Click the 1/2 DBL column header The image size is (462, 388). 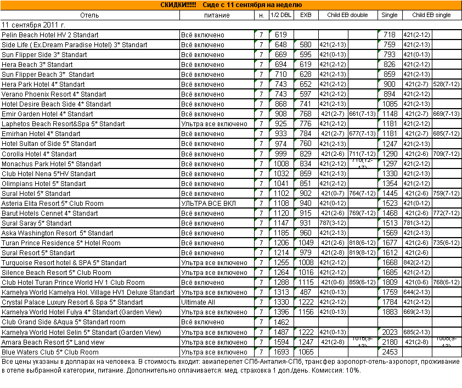281,15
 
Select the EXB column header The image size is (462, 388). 305,15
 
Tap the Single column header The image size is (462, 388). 390,15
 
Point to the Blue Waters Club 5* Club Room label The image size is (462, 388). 50,352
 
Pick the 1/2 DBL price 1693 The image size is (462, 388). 281,352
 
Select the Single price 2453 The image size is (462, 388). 390,352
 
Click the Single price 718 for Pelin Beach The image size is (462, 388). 390,35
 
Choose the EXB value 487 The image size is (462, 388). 306,293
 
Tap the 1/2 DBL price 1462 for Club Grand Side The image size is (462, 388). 281,322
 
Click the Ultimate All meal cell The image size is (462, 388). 199,302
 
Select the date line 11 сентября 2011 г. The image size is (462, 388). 33,25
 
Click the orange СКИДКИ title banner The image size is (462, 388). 230,5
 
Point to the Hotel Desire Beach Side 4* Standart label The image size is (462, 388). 57,104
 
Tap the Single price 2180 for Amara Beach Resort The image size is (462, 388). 390,342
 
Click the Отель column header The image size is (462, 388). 90,15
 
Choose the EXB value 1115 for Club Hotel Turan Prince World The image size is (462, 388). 306,283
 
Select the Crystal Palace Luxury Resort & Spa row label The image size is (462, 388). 72,302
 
